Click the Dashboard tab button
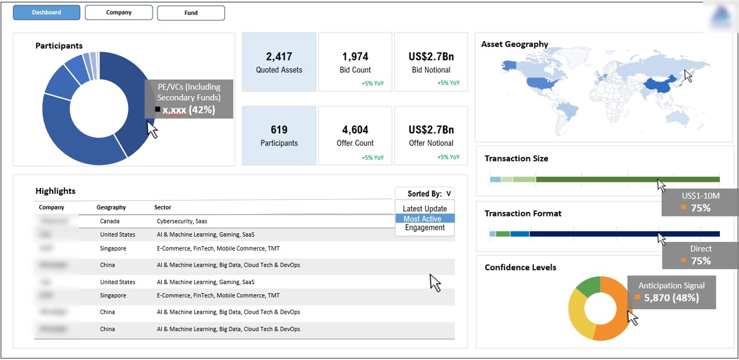coord(46,12)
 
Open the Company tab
coord(119,12)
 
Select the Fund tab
coord(191,13)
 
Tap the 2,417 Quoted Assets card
coord(279,62)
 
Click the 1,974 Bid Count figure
coord(355,57)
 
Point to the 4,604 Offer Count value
coord(355,130)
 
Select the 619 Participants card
coord(279,135)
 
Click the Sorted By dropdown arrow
coord(448,194)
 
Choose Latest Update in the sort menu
coord(425,209)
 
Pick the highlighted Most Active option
coord(425,219)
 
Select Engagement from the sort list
coord(425,228)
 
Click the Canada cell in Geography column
coord(109,221)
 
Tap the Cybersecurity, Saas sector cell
coord(182,221)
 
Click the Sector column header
coord(163,207)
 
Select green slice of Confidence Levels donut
coord(589,287)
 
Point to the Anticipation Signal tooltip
coord(671,292)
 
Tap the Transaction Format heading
coord(523,214)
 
